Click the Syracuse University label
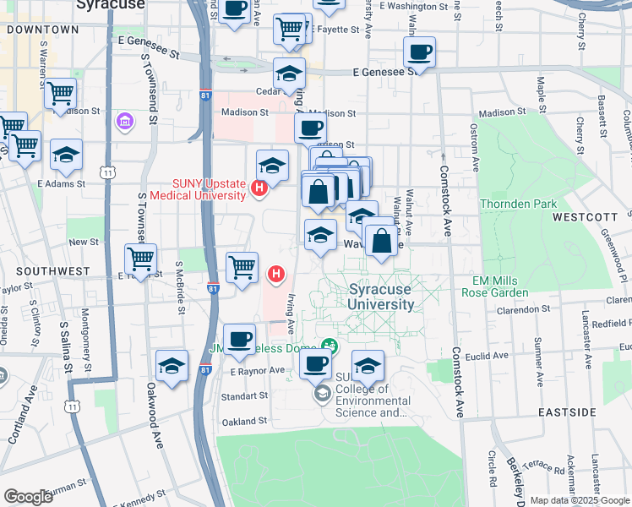coord(380,296)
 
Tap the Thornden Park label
coord(518,204)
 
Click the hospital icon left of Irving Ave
coord(275,274)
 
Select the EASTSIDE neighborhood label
coord(568,412)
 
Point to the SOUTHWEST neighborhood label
coord(51,271)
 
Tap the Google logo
coord(28,497)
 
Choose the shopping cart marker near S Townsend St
coord(140,258)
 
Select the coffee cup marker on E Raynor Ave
coord(239,339)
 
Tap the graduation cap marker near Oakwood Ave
coord(172,365)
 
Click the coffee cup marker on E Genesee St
coord(418,52)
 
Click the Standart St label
coord(243,395)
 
